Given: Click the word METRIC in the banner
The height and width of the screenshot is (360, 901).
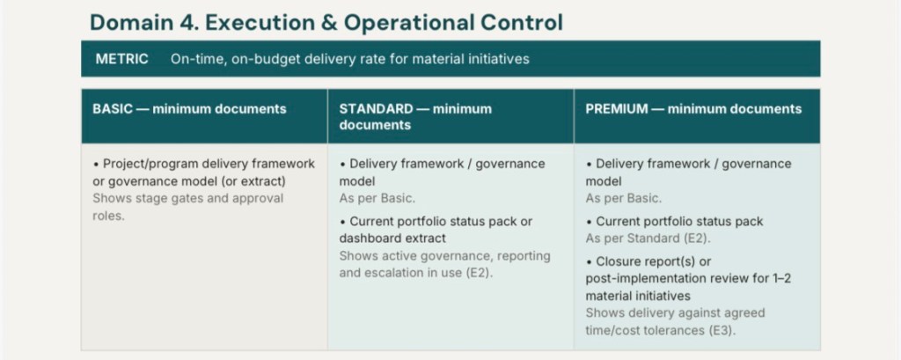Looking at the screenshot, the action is (121, 59).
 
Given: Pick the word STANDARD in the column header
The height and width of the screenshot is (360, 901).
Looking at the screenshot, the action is (376, 108).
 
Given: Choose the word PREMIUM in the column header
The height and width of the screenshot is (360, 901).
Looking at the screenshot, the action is (617, 108).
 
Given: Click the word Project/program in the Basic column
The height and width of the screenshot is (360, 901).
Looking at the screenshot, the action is (143, 165).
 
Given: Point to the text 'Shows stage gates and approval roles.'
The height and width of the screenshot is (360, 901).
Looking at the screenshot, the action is (188, 207).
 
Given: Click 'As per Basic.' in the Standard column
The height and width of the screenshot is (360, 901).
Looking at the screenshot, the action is (377, 199).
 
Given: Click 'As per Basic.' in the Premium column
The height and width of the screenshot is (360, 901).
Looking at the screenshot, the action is (624, 199).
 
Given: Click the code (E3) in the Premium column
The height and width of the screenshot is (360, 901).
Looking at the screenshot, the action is (725, 330).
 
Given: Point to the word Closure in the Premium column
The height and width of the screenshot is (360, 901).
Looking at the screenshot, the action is (617, 261).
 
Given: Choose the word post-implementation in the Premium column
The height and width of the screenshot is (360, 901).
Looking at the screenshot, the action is (637, 279).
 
